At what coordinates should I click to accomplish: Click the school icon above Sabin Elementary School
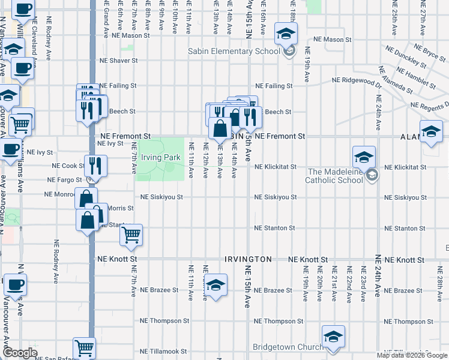pyautogui.click(x=286, y=34)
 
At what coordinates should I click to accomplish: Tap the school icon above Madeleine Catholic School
pyautogui.click(x=364, y=157)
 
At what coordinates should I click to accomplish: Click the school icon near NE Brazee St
pyautogui.click(x=215, y=284)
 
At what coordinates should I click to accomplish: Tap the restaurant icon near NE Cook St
pyautogui.click(x=95, y=166)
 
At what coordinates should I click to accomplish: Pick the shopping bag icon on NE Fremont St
pyautogui.click(x=220, y=128)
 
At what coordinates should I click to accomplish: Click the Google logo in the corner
pyautogui.click(x=19, y=353)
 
